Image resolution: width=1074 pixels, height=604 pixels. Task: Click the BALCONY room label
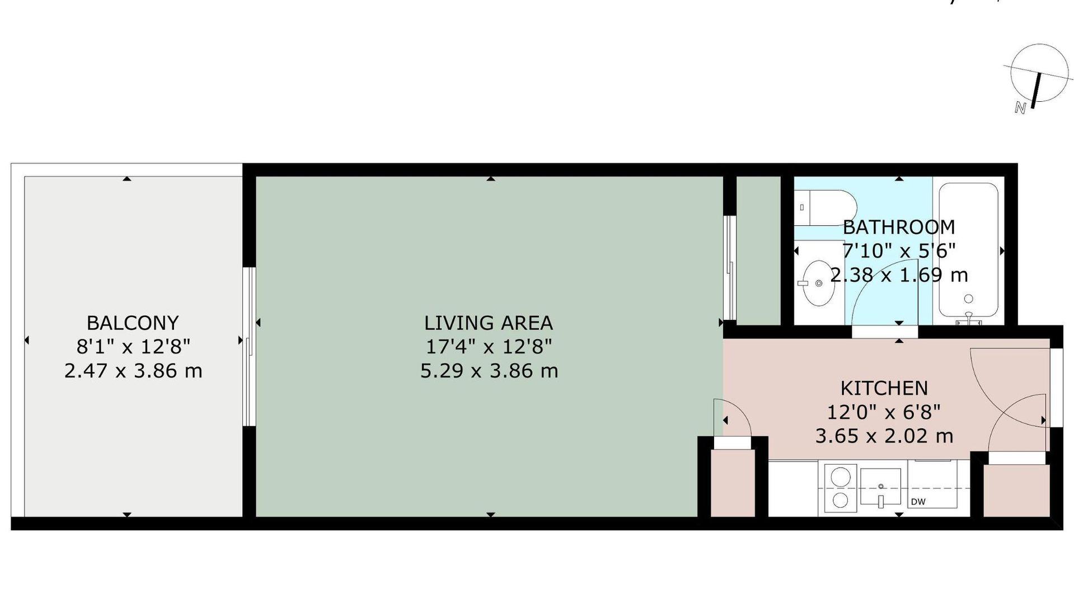(133, 323)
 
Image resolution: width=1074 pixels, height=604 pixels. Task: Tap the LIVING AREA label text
(489, 323)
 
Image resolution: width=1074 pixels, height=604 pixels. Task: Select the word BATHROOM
(899, 227)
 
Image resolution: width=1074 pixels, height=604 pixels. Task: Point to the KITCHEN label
(884, 388)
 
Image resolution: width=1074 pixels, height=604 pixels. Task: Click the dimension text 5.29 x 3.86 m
(489, 371)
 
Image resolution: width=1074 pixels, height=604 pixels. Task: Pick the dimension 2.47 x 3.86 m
(133, 371)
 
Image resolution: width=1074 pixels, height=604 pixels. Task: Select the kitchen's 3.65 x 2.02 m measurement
(884, 436)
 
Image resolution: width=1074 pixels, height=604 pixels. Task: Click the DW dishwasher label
(918, 502)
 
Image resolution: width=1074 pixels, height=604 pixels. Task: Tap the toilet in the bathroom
(826, 207)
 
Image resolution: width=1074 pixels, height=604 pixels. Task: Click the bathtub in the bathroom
(968, 250)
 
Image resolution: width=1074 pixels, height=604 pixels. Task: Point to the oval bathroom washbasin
(819, 283)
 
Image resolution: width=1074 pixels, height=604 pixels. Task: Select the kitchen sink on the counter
(880, 488)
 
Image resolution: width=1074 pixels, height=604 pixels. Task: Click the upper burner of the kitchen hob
(839, 477)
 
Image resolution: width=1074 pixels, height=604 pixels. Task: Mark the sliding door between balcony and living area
(249, 347)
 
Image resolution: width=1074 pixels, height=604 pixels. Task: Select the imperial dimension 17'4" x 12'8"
(489, 347)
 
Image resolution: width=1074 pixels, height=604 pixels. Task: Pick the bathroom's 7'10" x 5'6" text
(899, 251)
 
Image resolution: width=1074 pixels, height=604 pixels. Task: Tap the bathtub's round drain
(968, 299)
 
